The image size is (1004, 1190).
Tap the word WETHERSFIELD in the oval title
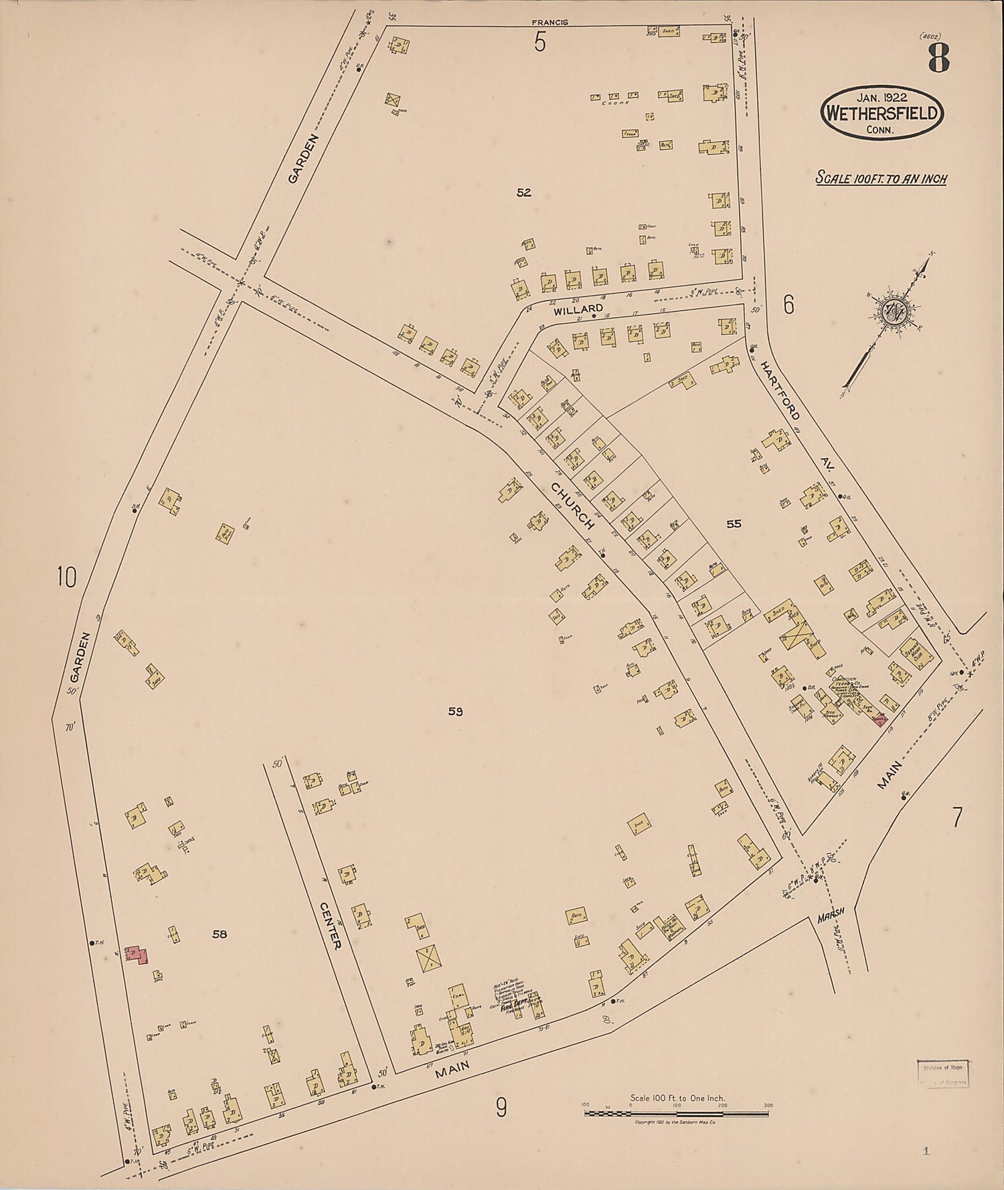click(882, 113)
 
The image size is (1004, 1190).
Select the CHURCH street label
click(573, 506)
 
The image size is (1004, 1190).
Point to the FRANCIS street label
click(550, 22)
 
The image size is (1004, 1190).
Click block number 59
click(455, 712)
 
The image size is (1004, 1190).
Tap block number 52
click(523, 193)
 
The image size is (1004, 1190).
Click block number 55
click(734, 524)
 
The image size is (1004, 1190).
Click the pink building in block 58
click(137, 955)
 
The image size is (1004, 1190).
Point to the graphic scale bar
click(677, 1114)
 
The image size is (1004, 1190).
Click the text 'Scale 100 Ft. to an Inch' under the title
click(880, 179)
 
